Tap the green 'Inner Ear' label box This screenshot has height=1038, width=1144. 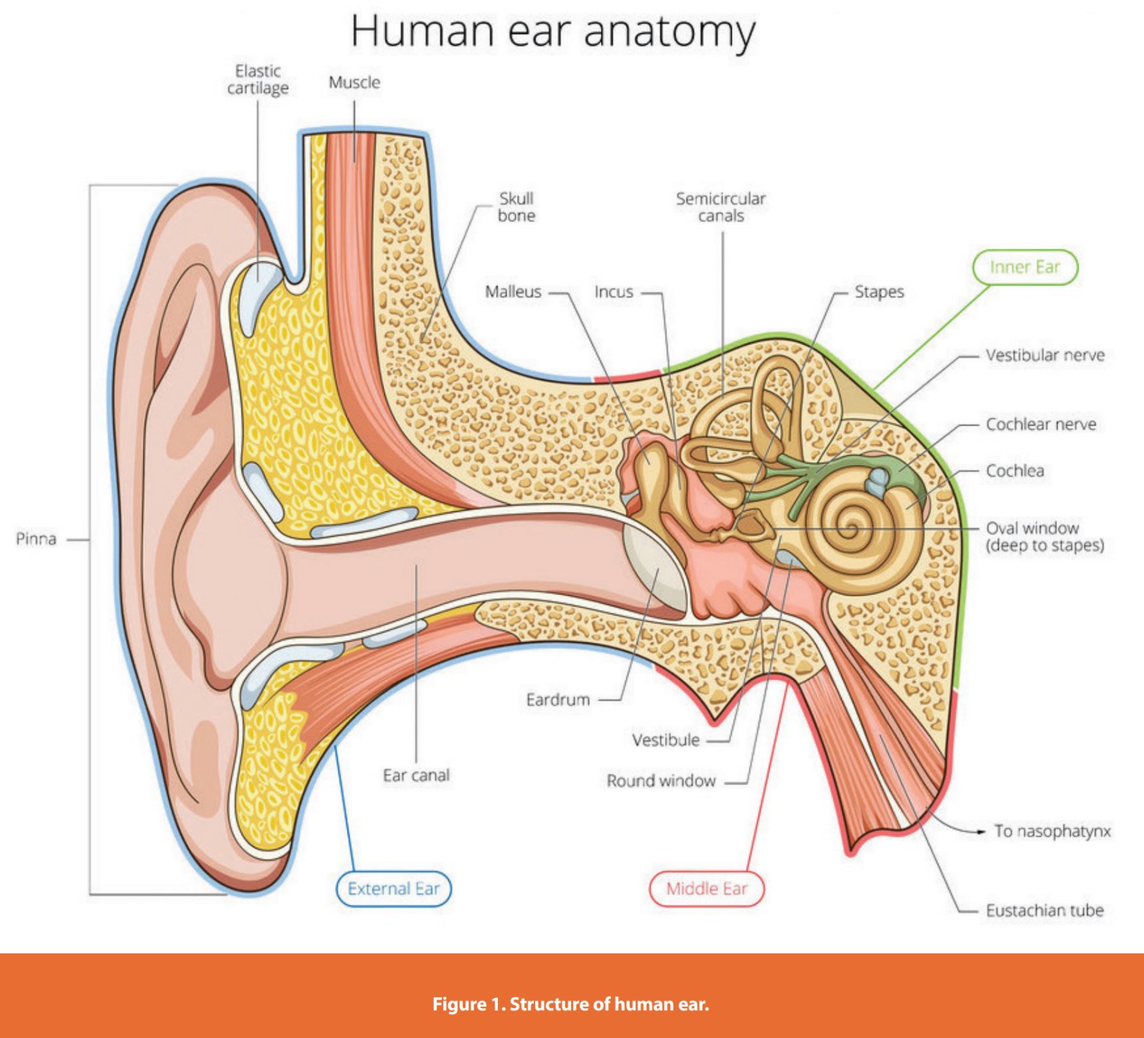1024,267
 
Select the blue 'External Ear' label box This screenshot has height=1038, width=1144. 394,889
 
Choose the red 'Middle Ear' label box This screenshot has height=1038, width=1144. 707,889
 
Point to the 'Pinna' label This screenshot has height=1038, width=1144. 37,539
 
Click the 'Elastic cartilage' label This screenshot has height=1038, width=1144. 258,80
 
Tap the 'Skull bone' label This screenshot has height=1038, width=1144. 516,207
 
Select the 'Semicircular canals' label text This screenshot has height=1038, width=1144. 721,207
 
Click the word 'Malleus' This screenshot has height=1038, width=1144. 513,292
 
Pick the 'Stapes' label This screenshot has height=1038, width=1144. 879,292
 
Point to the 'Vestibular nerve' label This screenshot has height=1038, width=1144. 1045,355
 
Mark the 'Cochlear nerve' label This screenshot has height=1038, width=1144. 1041,424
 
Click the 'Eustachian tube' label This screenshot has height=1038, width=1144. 1044,910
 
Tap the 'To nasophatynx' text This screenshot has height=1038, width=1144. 1052,831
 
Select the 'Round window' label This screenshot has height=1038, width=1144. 661,781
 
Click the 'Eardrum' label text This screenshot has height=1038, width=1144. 558,700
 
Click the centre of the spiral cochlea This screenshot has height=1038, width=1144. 849,529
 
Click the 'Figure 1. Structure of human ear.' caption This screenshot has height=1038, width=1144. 570,1003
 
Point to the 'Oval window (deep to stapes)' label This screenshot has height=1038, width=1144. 1044,537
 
